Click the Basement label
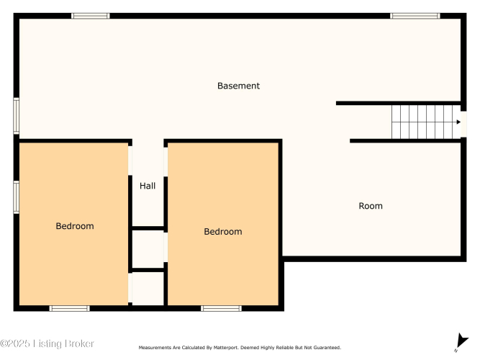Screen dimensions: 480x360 click(238, 86)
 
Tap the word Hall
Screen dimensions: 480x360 click(148, 186)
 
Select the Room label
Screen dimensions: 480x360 click(371, 206)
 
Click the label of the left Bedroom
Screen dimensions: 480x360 click(75, 226)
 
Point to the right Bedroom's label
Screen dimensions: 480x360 click(223, 232)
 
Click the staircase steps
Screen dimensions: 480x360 click(422, 122)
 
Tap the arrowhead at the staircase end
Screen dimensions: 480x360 click(458, 122)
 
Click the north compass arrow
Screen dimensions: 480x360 click(461, 341)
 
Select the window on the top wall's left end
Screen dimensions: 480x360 click(90, 16)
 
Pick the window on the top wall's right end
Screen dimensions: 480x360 click(415, 16)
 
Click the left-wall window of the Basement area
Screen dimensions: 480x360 click(17, 116)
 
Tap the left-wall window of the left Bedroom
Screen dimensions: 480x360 click(17, 197)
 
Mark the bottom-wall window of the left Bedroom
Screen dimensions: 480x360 click(70, 308)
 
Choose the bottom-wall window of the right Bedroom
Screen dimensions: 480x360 click(221, 308)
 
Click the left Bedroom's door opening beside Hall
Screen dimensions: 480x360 click(130, 161)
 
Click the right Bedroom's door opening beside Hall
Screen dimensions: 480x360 click(166, 162)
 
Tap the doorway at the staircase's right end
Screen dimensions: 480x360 click(463, 124)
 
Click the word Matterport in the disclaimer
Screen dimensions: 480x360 click(226, 348)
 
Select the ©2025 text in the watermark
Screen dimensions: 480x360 click(15, 343)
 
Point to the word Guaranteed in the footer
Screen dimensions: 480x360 click(327, 348)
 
